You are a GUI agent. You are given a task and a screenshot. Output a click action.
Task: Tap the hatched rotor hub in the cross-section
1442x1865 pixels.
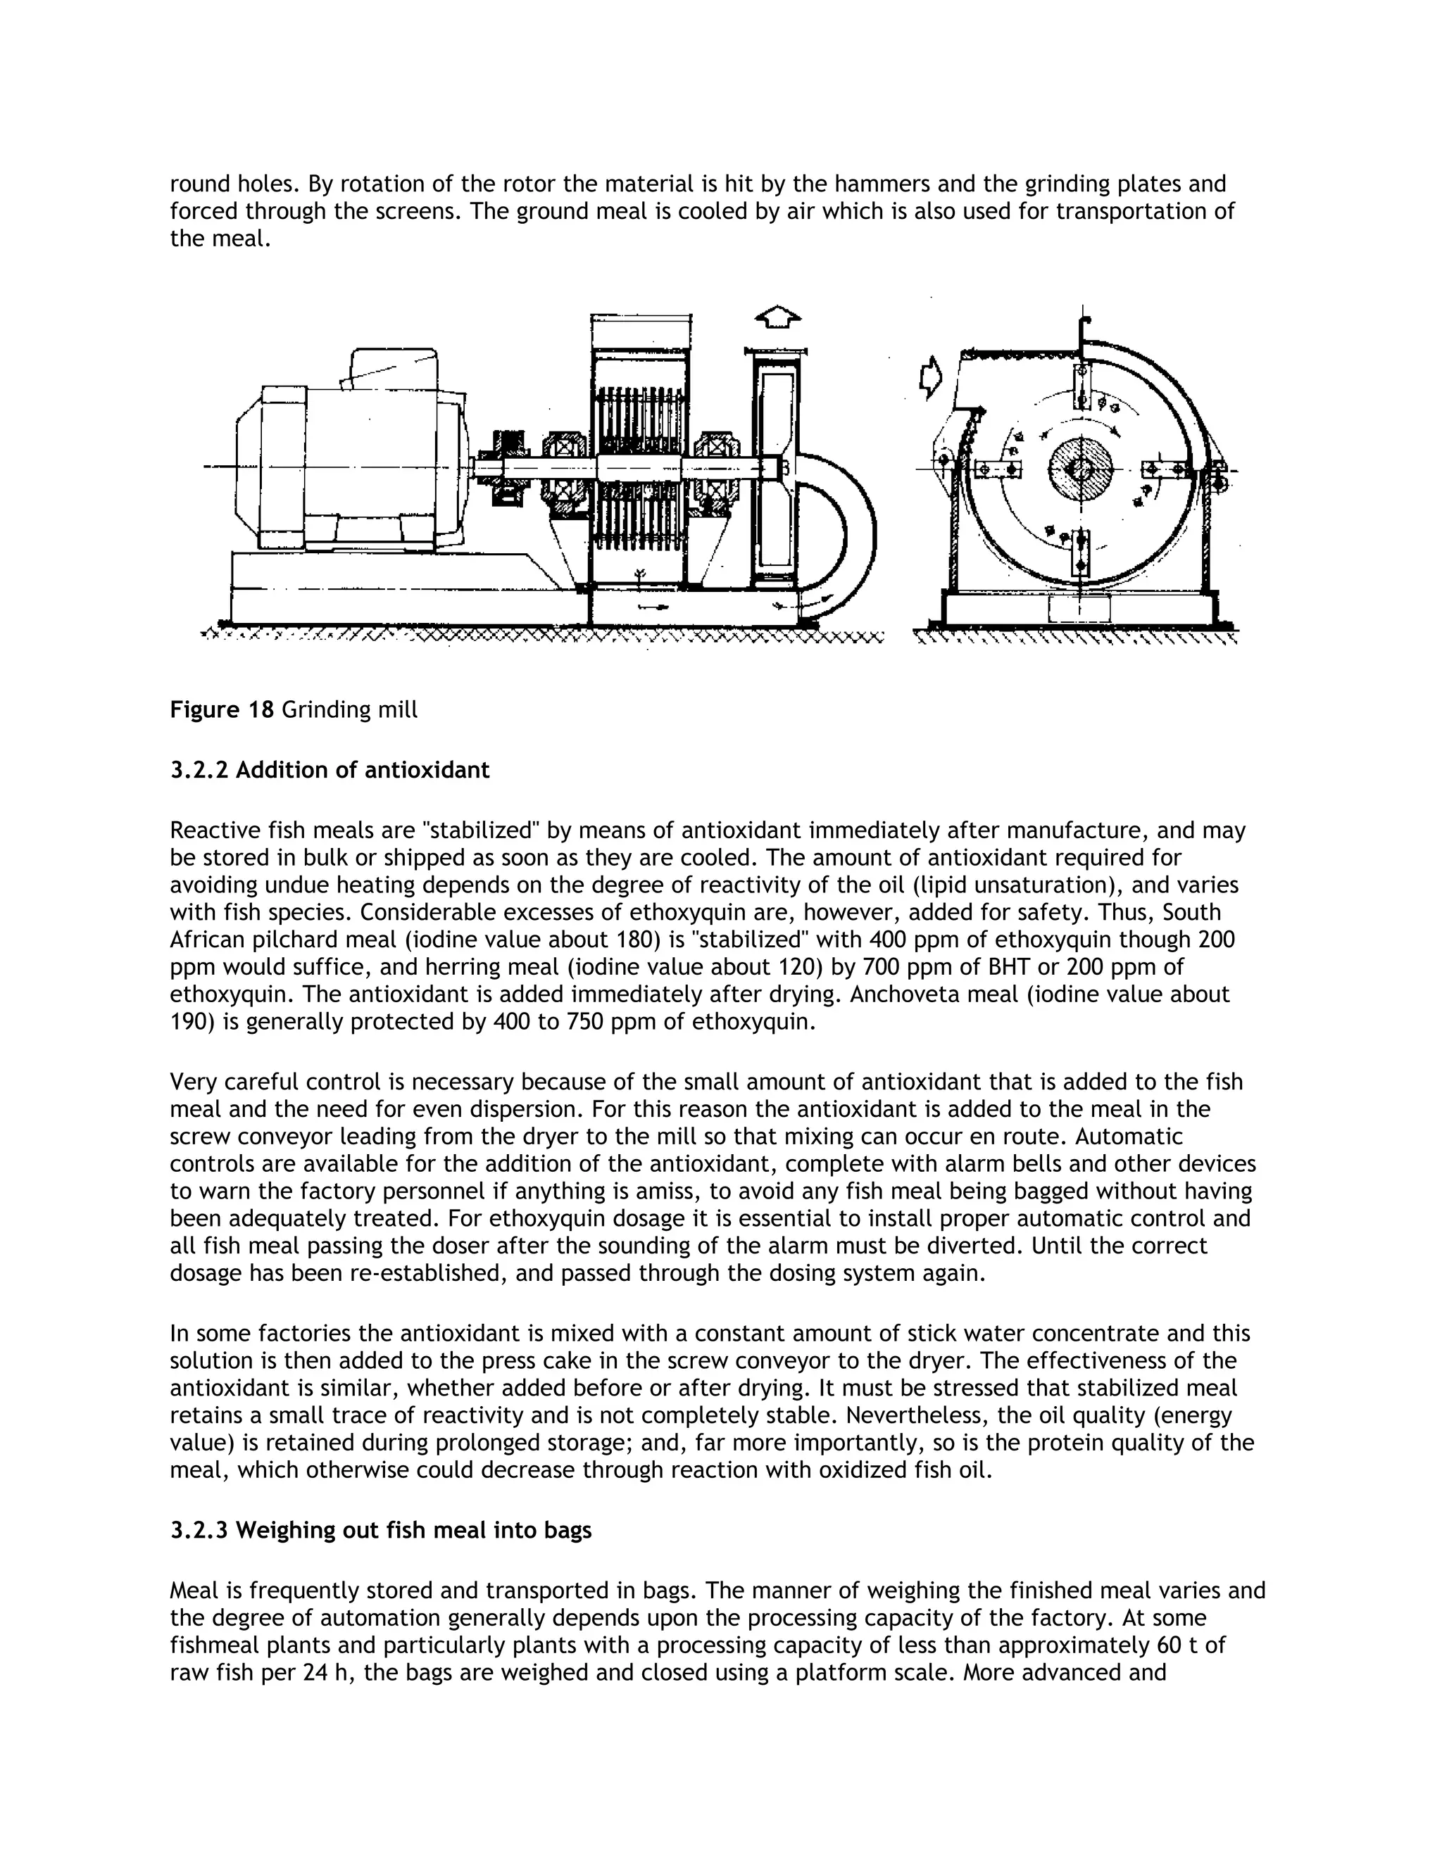coord(1081,469)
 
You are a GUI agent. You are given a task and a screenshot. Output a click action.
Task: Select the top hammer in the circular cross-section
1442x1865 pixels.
coord(1081,386)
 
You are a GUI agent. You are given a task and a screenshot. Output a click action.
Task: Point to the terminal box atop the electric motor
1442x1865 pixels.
coord(391,367)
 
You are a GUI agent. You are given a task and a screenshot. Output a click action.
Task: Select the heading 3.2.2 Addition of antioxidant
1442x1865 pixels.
coord(330,770)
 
